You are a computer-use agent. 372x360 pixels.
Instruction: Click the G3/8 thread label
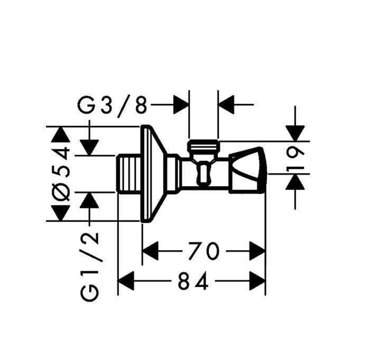[x=113, y=105]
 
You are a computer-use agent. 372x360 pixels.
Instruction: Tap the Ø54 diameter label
[x=61, y=174]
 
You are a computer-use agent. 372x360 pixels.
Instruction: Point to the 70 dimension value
[x=203, y=251]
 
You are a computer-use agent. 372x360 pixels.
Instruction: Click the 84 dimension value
[x=193, y=281]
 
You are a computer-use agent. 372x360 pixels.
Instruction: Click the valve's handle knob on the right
[x=248, y=170]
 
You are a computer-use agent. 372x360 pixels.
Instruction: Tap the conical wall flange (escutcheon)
[x=154, y=174]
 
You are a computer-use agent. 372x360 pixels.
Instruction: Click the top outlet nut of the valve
[x=203, y=146]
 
